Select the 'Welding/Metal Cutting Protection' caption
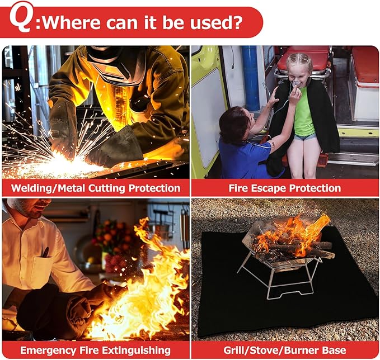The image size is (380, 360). tap(96, 188)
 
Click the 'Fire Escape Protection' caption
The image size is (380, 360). tap(284, 188)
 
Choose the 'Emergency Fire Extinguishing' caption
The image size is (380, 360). tap(96, 350)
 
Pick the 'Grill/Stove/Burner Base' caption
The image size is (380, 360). tap(284, 350)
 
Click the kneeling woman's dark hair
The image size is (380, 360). tap(233, 126)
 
